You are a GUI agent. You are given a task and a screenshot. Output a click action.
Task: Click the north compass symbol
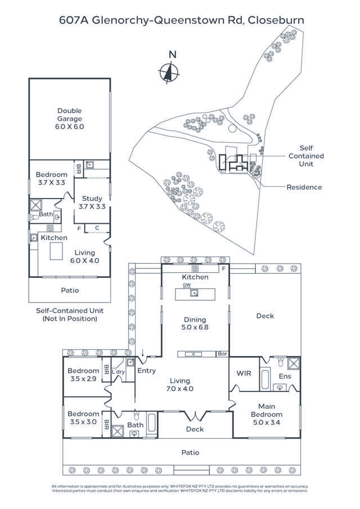168,72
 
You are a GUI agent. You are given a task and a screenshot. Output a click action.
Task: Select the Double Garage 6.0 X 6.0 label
69,119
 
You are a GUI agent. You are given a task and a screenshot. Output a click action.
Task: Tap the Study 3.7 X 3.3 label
93,202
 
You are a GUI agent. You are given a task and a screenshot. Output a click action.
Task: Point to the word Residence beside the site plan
304,187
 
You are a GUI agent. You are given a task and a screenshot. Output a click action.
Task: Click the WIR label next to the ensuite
244,373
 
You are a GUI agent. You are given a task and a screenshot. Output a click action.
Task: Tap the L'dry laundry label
119,372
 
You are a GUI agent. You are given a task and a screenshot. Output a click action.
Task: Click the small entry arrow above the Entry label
143,354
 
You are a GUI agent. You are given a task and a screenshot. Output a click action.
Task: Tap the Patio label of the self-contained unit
70,290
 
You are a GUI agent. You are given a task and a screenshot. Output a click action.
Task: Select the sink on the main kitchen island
195,292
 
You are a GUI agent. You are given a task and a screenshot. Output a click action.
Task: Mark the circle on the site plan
232,129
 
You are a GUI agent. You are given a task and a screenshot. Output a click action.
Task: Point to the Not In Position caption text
70,319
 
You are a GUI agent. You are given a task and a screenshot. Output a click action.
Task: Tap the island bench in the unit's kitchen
57,253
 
